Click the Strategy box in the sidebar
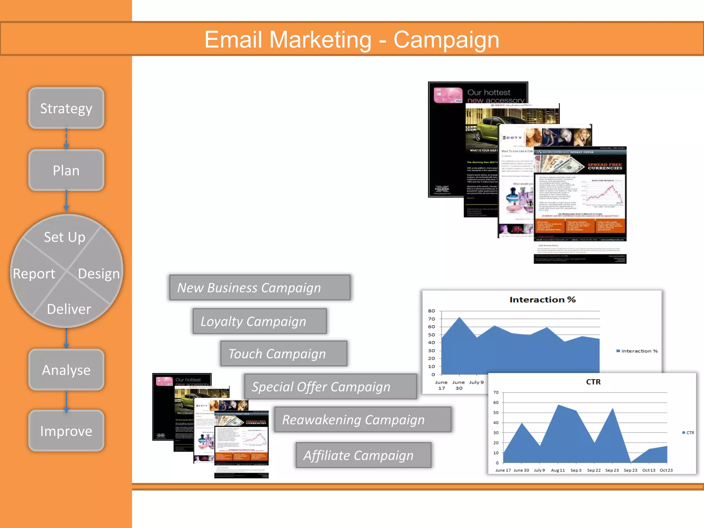click(66, 108)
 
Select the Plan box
click(66, 170)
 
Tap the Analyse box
click(66, 370)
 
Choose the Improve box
click(66, 431)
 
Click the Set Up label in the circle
click(65, 237)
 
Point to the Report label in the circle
click(34, 274)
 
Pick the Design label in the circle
click(99, 274)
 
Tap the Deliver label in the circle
click(69, 309)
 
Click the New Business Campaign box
click(260, 288)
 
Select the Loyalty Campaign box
click(260, 321)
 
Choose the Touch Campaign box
click(284, 354)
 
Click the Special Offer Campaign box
click(330, 387)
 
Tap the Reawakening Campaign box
click(363, 420)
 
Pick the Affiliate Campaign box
click(363, 455)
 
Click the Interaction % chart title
click(542, 300)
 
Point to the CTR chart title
click(593, 382)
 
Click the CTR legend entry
click(688, 433)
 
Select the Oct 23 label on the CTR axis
click(666, 470)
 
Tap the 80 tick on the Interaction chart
click(431, 311)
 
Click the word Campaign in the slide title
click(446, 40)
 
